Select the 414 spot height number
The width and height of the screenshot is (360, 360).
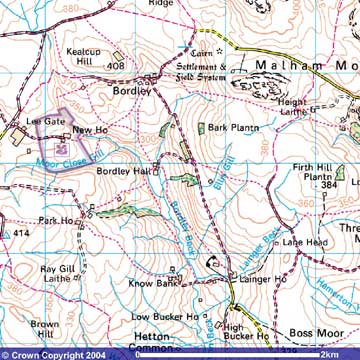point(21,232)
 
